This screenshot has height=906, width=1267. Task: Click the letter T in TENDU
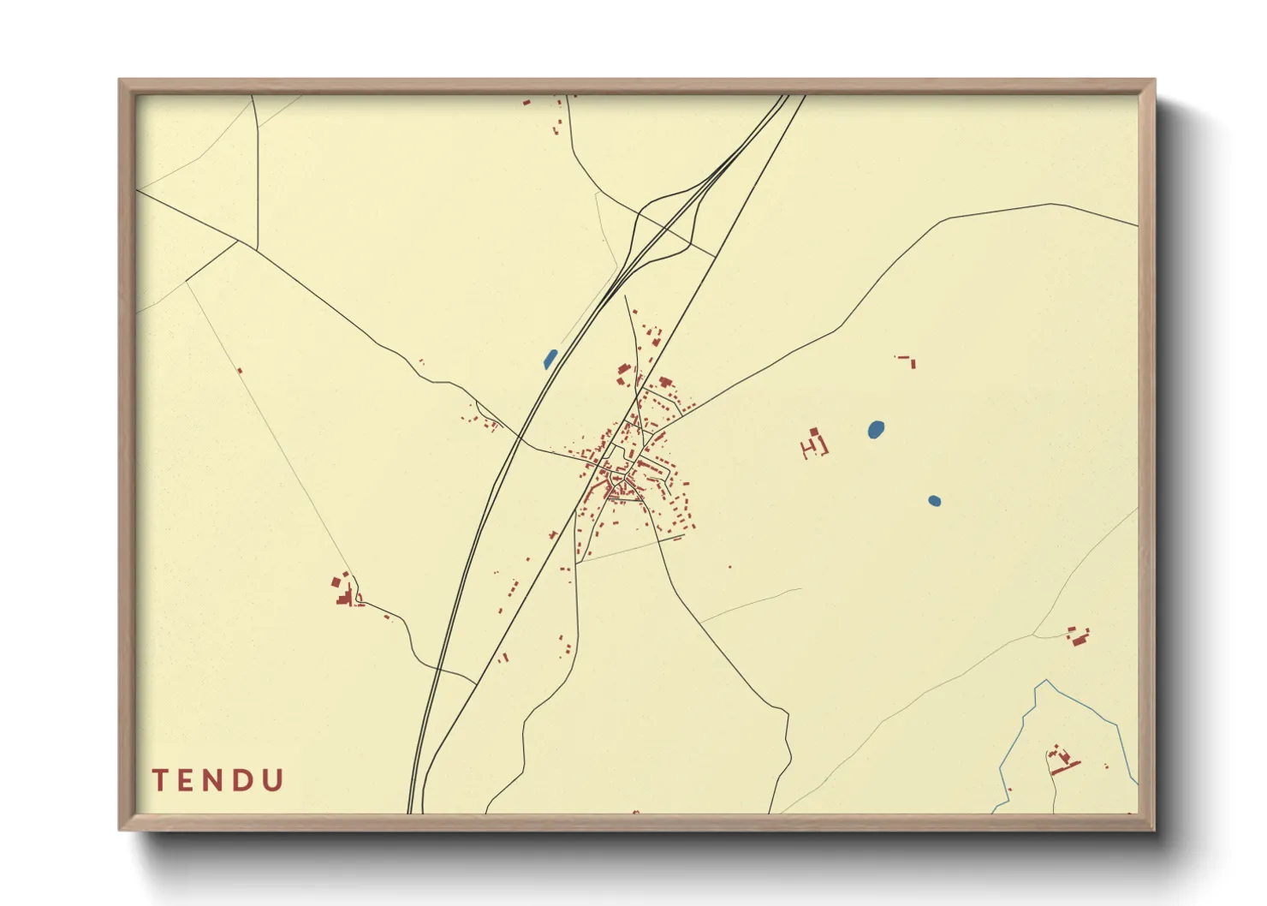(x=160, y=780)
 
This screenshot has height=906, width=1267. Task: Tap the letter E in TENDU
(x=188, y=780)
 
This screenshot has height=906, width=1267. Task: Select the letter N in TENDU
(x=217, y=780)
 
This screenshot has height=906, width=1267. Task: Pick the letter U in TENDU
(x=274, y=780)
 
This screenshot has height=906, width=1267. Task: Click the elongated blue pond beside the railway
(x=550, y=359)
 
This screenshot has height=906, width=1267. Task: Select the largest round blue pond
(x=876, y=429)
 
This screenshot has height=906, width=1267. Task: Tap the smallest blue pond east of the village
(x=934, y=501)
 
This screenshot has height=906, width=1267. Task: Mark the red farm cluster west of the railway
(x=345, y=591)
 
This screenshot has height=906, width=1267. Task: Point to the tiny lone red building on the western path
(x=240, y=371)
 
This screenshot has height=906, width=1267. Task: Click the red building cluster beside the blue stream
(x=1062, y=760)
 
